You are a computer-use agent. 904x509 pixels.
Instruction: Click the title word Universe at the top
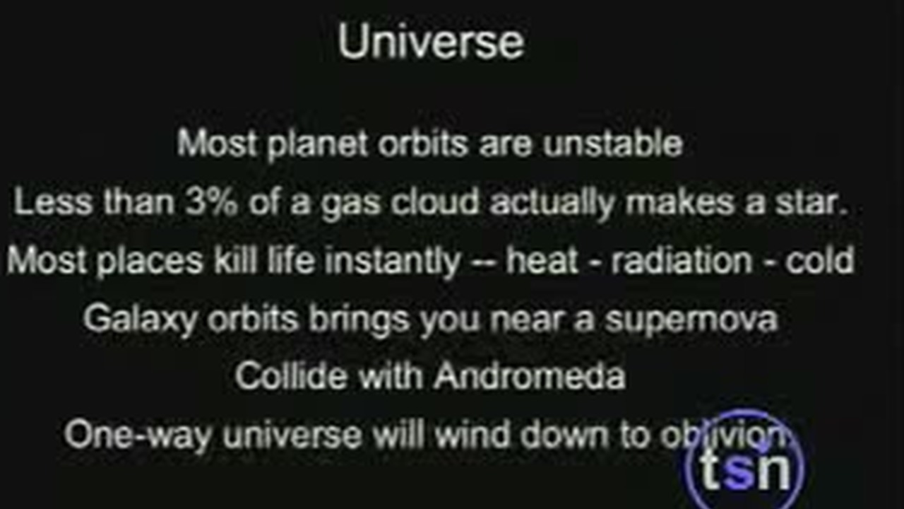[431, 42]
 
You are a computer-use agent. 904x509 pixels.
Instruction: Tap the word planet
[318, 144]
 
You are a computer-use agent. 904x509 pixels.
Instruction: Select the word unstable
[613, 144]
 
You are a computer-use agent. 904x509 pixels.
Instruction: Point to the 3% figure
[211, 201]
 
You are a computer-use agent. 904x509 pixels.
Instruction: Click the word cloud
[434, 201]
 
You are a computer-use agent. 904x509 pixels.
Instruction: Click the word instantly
[393, 262]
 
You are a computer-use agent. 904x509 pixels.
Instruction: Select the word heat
[542, 260]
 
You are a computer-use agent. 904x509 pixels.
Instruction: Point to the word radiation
[682, 260]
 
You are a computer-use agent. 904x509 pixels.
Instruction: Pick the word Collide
[291, 375]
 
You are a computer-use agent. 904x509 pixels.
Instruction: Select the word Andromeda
[530, 375]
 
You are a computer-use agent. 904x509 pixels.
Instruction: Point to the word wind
[472, 434]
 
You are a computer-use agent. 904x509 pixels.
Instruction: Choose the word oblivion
[724, 434]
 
